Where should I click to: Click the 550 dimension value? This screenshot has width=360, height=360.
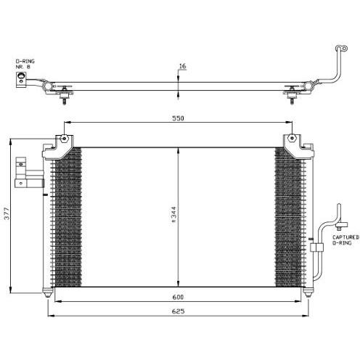178,118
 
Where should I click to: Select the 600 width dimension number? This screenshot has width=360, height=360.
178,297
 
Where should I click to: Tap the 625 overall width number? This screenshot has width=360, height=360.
178,311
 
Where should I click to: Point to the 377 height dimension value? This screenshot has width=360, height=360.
7,213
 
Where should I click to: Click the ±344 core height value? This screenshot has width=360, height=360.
173,215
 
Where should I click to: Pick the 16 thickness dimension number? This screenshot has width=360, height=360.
182,66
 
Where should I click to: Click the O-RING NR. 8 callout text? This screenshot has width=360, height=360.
25,64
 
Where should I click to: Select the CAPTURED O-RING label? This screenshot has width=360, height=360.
345,240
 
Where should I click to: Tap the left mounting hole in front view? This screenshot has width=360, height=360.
64,139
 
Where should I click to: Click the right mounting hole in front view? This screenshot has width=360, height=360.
292,138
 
